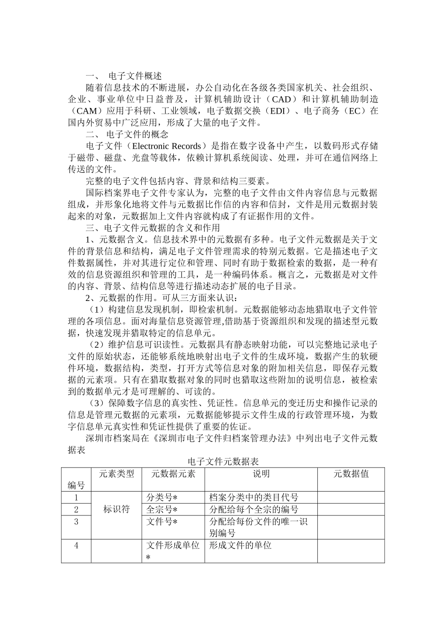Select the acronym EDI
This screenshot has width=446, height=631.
[277, 111]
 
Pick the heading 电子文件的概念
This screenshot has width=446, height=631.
[138, 134]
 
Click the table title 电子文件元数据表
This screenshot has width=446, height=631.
[223, 462]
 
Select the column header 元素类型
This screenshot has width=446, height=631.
[116, 474]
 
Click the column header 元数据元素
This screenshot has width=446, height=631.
[173, 474]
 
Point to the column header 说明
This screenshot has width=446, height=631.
[261, 474]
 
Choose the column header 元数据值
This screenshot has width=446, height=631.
[351, 474]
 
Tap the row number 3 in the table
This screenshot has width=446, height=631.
[76, 521]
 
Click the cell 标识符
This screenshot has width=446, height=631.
[116, 509]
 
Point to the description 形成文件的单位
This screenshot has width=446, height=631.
[240, 545]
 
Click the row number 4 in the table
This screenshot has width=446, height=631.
[76, 545]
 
